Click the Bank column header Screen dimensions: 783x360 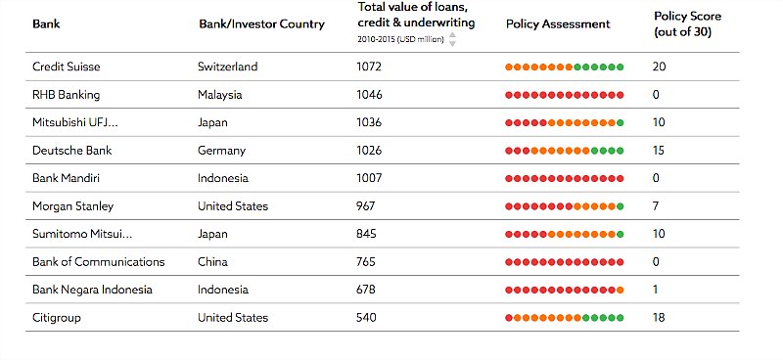[x=46, y=23]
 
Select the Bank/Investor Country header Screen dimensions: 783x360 [x=261, y=23]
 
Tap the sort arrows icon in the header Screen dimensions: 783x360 [x=452, y=39]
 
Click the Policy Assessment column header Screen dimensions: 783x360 [x=558, y=23]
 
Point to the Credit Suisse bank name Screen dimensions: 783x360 [x=66, y=67]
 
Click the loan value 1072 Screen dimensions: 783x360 [x=369, y=67]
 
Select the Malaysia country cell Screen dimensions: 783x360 [x=219, y=95]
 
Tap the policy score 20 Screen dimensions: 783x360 [x=659, y=67]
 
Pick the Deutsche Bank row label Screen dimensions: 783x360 [x=71, y=151]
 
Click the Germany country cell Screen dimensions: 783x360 [x=222, y=151]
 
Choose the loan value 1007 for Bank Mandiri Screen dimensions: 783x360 [x=369, y=178]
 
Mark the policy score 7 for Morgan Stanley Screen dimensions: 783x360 [x=656, y=206]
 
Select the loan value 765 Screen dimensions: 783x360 [x=366, y=261]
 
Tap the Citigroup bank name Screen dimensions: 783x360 [x=57, y=318]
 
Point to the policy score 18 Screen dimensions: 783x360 [x=659, y=318]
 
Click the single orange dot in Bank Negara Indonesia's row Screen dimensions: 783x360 [x=621, y=290]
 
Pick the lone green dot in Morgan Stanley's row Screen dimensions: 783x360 [x=621, y=206]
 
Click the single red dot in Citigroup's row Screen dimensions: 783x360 [x=509, y=318]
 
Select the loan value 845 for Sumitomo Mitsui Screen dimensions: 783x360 [x=366, y=234]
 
